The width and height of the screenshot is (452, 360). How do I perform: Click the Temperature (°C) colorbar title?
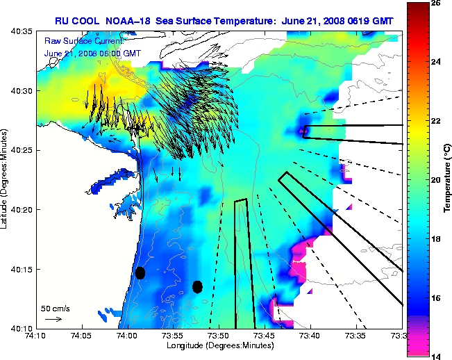[x=444, y=179]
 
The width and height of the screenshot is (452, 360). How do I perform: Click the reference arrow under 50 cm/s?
[x=53, y=319]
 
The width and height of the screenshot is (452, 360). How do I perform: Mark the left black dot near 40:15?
[x=140, y=272]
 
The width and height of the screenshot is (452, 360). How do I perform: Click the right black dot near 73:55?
[x=197, y=286]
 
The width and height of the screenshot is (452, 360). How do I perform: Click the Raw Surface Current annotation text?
[x=78, y=41]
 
